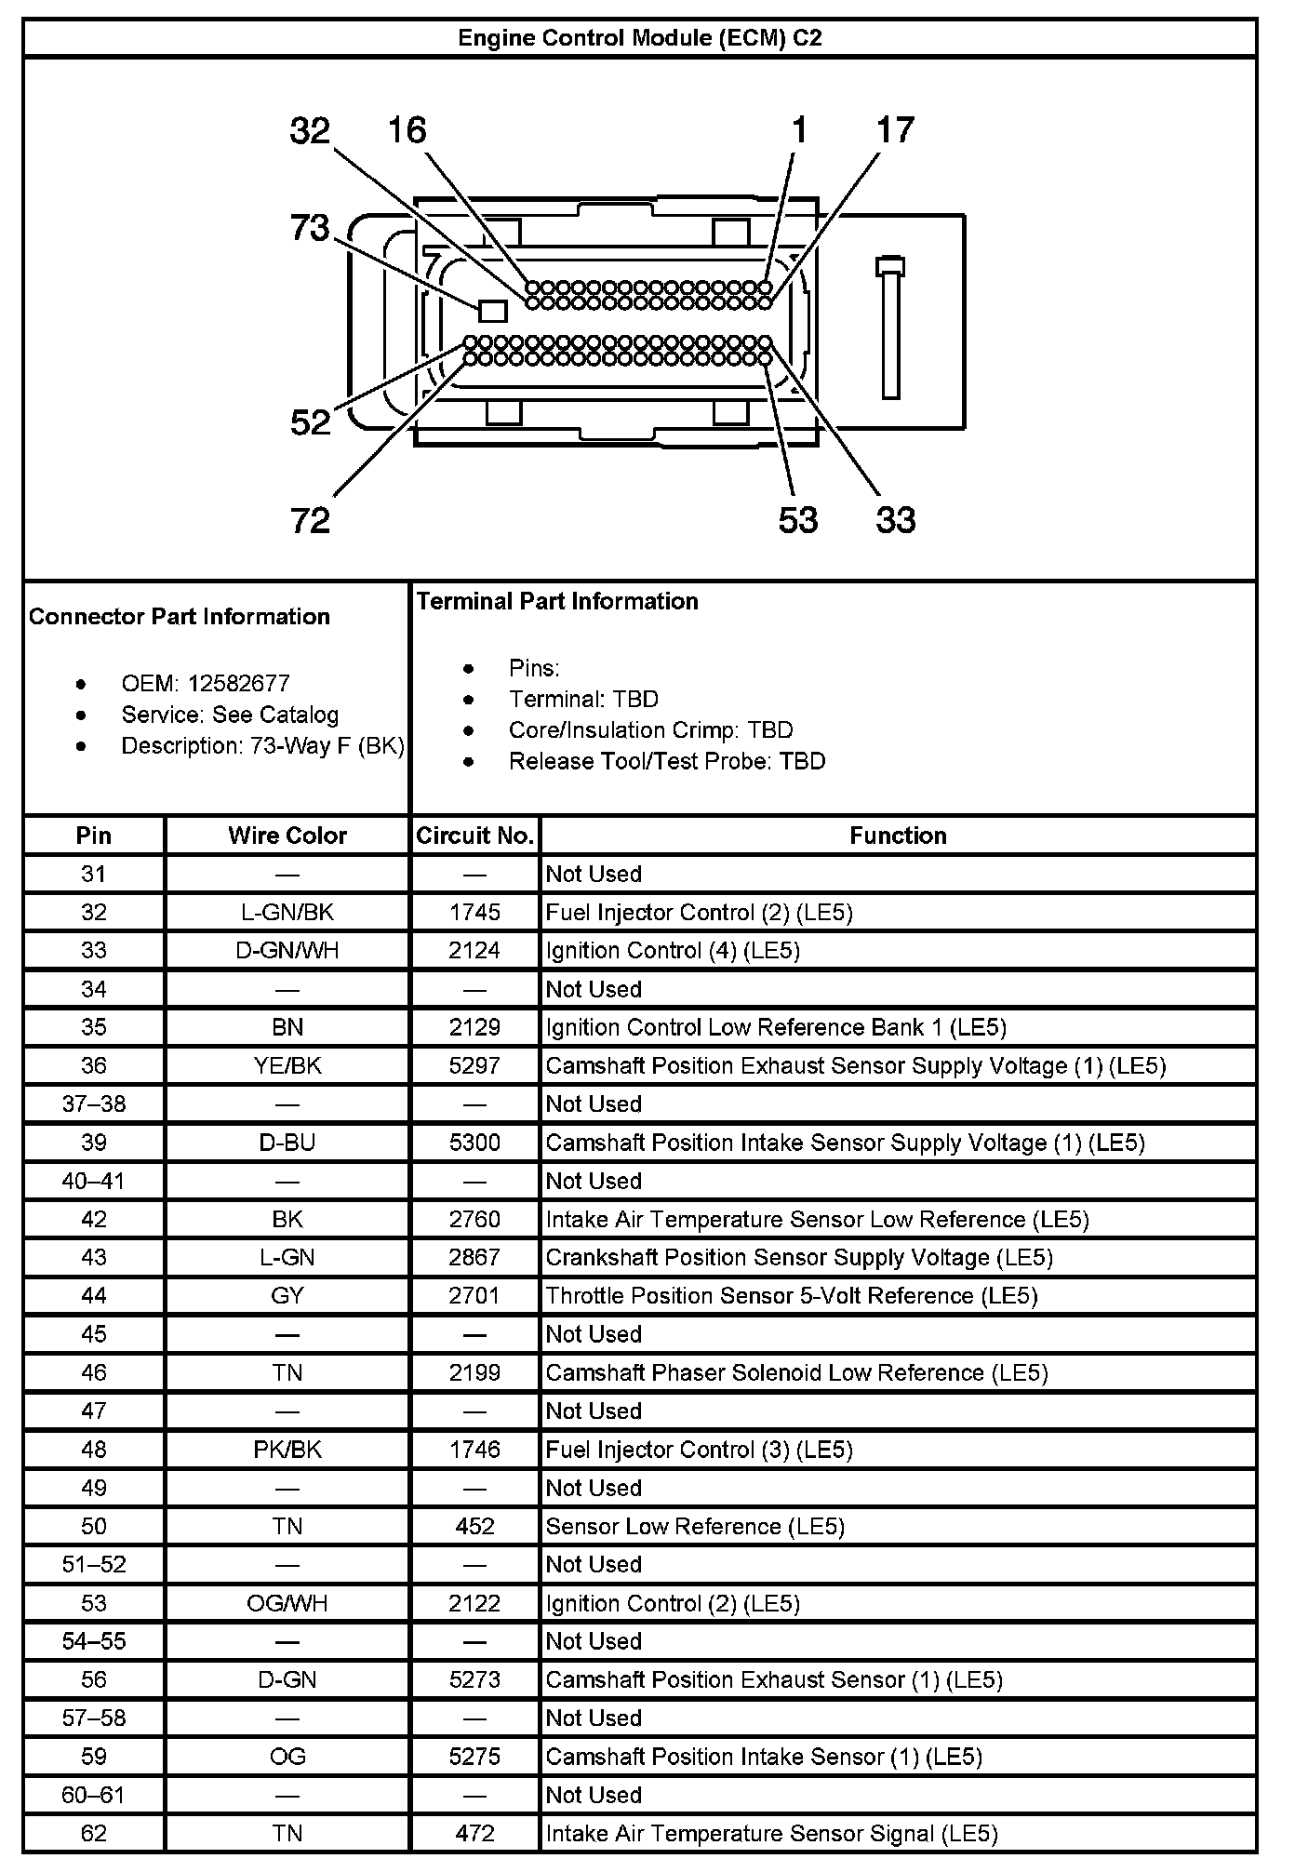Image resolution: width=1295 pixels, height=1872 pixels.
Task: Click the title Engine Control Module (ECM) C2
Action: coord(639,38)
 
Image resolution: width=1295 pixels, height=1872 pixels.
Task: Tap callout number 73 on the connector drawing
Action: coord(310,227)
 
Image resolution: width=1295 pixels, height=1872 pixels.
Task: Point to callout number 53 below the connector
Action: coord(797,519)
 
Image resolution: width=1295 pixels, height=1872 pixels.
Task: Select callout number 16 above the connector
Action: coord(407,130)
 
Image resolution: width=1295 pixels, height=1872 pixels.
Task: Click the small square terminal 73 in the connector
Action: coord(492,310)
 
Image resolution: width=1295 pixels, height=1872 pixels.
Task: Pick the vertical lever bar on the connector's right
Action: coord(890,328)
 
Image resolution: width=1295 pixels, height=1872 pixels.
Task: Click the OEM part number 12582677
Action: coord(238,684)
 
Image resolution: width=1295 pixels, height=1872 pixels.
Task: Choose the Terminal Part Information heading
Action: coord(557,601)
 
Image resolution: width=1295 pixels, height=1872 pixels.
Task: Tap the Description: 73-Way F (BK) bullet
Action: coord(262,746)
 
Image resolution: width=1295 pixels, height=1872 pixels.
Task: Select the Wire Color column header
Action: coord(287,836)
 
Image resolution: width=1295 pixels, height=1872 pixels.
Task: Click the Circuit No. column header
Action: coord(474,836)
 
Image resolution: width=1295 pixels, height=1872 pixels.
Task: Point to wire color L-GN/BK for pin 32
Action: coord(287,912)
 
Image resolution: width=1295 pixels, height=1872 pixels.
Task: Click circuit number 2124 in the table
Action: coord(474,950)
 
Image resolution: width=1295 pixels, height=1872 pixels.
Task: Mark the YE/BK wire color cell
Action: coord(287,1065)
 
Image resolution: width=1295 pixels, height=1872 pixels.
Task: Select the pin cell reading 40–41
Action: coord(93,1181)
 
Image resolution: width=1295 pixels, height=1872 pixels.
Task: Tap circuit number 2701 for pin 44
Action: coord(474,1295)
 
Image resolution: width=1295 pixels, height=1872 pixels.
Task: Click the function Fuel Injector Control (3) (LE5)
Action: coord(699,1449)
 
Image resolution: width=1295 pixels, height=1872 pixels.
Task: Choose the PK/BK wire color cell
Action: coord(287,1449)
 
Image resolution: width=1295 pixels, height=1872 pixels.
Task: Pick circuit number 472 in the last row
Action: coord(474,1833)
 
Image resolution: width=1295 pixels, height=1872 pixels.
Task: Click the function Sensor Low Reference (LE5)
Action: coord(695,1526)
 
